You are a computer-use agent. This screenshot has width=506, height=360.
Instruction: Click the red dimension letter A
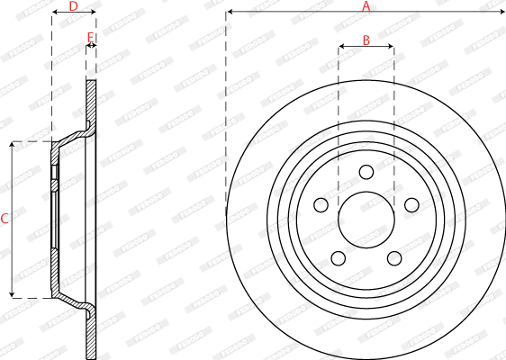pyautogui.click(x=366, y=6)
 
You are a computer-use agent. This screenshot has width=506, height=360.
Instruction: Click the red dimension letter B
pyautogui.click(x=366, y=40)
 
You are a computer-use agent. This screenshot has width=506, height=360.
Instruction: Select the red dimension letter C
pyautogui.click(x=5, y=219)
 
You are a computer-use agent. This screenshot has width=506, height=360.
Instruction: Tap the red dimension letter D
pyautogui.click(x=73, y=7)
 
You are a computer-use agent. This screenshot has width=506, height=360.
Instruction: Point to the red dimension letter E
pyautogui.click(x=89, y=38)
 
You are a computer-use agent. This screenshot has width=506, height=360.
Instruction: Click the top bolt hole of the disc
pyautogui.click(x=366, y=172)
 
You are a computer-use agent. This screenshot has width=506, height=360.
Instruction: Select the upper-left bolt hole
pyautogui.click(x=321, y=204)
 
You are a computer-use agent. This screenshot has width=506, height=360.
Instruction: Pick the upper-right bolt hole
pyautogui.click(x=411, y=204)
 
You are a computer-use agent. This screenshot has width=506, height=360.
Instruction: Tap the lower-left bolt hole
pyautogui.click(x=338, y=258)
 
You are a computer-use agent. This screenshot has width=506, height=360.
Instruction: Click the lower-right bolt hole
pyautogui.click(x=393, y=258)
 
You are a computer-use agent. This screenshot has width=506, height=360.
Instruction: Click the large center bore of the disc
pyautogui.click(x=366, y=219)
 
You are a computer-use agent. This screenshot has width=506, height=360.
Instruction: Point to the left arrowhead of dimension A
pyautogui.click(x=229, y=12)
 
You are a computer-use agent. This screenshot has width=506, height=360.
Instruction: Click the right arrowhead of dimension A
pyautogui.click(x=501, y=12)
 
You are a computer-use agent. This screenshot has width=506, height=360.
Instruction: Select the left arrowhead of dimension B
pyautogui.click(x=341, y=46)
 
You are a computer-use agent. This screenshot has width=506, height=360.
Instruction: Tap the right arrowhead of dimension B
pyautogui.click(x=391, y=46)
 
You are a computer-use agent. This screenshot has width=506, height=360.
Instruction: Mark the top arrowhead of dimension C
pyautogui.click(x=12, y=144)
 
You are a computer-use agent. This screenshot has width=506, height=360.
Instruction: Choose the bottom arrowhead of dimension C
pyautogui.click(x=12, y=294)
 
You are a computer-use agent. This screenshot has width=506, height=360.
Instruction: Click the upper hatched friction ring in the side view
pyautogui.click(x=91, y=103)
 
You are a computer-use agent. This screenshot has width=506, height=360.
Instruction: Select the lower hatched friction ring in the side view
pyautogui.click(x=91, y=333)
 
